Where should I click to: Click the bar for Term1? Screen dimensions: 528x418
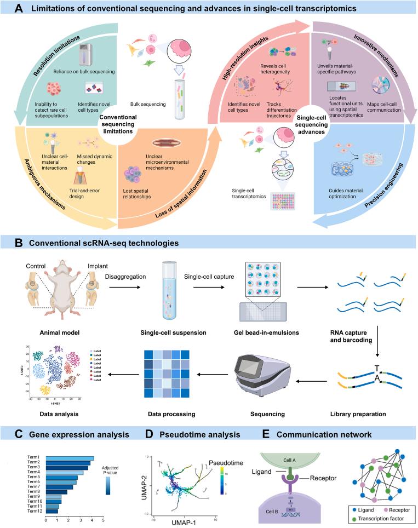(x=70, y=457)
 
